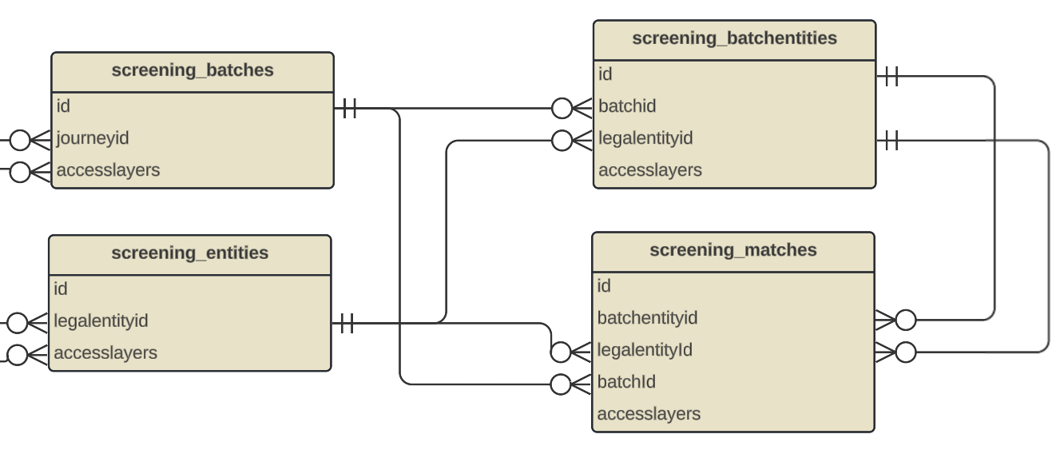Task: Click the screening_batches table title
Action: pos(193,70)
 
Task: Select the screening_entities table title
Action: pos(190,253)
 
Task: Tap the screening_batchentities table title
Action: pos(734,38)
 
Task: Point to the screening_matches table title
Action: pos(732,250)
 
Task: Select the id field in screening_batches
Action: pos(64,106)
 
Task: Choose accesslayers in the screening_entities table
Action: pos(105,353)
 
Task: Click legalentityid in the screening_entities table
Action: pos(101,321)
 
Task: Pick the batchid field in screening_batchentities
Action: pos(627,106)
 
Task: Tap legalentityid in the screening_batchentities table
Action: pos(645,138)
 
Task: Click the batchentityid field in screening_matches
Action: pos(647,318)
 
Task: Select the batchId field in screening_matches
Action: pos(626,382)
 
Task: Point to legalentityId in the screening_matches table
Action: pos(645,350)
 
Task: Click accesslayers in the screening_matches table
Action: pos(649,414)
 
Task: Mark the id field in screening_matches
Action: pos(604,286)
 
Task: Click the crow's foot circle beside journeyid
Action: pos(20,141)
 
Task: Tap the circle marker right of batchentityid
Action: pos(905,321)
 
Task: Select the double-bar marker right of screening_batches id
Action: pos(348,109)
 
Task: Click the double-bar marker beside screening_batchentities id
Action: pos(891,77)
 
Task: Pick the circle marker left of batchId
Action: pos(561,384)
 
